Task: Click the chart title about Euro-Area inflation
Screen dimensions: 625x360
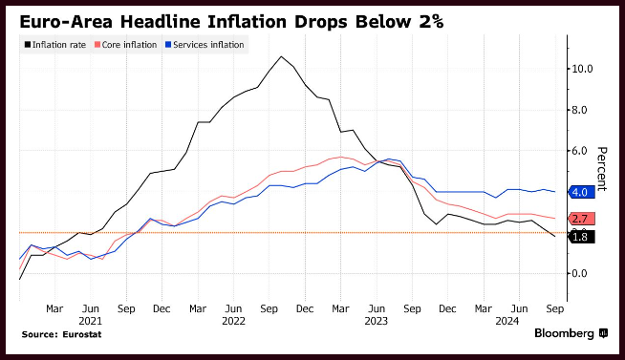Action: coord(231,22)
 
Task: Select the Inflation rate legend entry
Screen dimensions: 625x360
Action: coord(55,45)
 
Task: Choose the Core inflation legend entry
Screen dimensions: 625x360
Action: coord(125,45)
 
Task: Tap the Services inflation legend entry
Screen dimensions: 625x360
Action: coord(205,45)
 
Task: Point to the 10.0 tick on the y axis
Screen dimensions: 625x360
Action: coord(582,69)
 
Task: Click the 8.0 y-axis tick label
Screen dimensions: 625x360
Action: coord(579,110)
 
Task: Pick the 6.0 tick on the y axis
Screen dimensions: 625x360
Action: coord(579,151)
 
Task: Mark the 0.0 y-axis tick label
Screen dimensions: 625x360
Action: coord(579,273)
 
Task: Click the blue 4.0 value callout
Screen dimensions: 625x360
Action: coord(582,192)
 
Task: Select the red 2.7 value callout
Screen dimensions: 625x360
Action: coord(582,219)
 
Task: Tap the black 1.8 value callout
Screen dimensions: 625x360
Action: coord(582,237)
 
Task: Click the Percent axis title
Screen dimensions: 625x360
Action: coord(601,169)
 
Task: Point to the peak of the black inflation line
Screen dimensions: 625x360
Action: coord(281,56)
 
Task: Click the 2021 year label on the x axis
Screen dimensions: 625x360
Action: coord(91,321)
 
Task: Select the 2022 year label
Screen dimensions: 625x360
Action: coord(233,321)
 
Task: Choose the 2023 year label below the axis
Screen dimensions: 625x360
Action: coord(377,321)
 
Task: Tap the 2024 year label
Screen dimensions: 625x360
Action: coord(507,321)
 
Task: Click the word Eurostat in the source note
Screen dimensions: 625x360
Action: coord(82,334)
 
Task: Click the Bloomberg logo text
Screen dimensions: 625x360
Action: coord(565,333)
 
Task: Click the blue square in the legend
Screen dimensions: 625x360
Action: coord(168,45)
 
